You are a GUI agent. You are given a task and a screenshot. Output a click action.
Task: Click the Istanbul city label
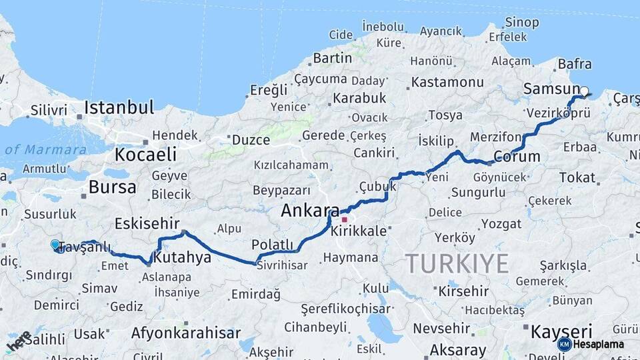119,107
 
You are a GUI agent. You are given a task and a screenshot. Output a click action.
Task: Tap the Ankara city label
310,211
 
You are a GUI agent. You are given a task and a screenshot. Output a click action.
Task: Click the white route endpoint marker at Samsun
584,91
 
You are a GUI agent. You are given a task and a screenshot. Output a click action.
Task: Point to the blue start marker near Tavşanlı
55,245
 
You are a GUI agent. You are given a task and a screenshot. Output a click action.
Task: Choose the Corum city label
517,157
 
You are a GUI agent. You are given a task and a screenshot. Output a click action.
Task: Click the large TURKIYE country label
457,264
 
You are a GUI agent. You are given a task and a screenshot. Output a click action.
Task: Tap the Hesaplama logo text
598,345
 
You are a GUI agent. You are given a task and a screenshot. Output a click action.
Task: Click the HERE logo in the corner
18,341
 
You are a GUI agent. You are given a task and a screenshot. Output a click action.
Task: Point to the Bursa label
112,187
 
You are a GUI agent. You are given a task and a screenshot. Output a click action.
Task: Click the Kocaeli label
145,155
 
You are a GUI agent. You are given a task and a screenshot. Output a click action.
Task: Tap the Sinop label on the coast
522,23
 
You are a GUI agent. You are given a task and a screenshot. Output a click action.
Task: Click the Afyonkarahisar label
185,333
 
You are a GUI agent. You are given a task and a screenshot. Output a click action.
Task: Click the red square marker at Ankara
344,219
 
